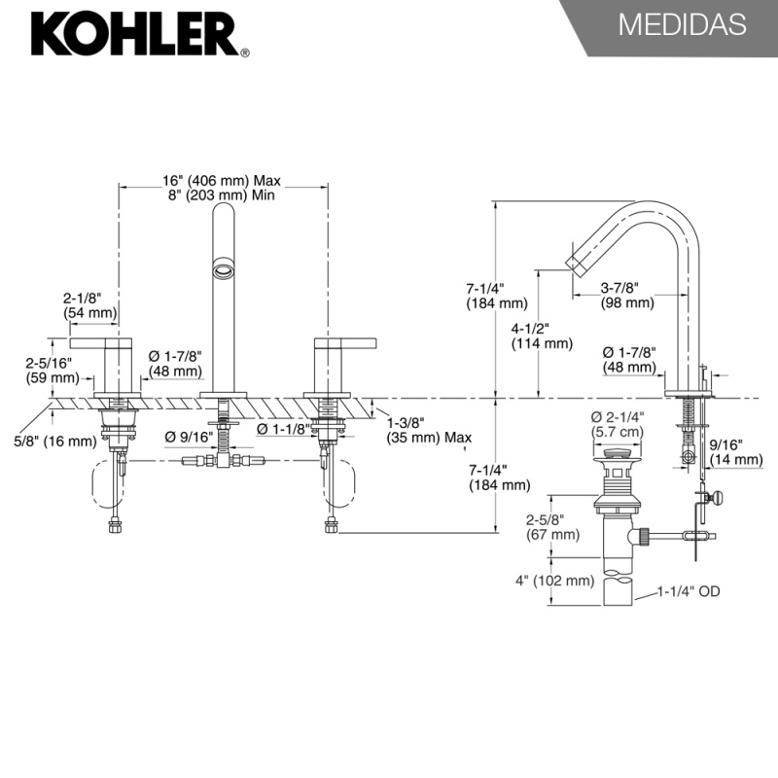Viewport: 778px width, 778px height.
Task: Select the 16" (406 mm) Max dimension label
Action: pyautogui.click(x=222, y=181)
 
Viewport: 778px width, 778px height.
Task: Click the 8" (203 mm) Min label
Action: pyautogui.click(x=222, y=195)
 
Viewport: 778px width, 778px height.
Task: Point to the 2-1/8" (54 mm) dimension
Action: pyautogui.click(x=89, y=305)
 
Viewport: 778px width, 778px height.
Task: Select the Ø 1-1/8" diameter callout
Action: pyautogui.click(x=283, y=428)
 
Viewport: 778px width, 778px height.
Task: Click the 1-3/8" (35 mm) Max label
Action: pyautogui.click(x=429, y=430)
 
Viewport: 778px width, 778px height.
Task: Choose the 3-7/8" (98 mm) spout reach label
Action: pyautogui.click(x=625, y=295)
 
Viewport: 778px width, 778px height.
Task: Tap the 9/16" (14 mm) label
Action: pyautogui.click(x=736, y=452)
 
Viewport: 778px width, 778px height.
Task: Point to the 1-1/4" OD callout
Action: pyautogui.click(x=688, y=590)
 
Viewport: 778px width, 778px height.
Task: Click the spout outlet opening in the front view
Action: pyautogui.click(x=224, y=267)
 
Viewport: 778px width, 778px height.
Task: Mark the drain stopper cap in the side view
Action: pyautogui.click(x=615, y=453)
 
